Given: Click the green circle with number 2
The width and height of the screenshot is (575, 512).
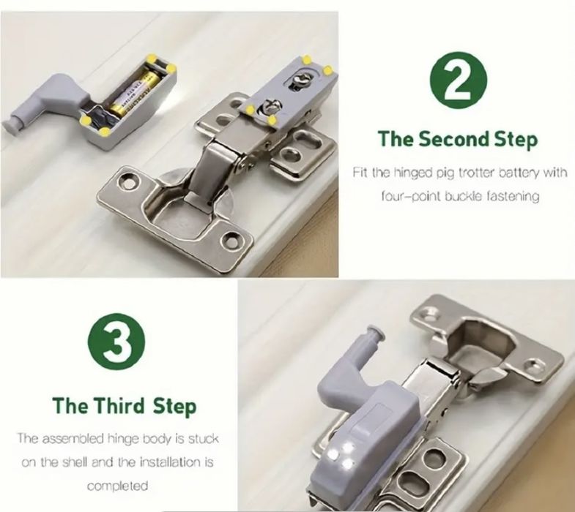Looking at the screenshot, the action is (x=459, y=80).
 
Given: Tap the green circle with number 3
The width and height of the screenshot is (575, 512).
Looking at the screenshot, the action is (x=116, y=342).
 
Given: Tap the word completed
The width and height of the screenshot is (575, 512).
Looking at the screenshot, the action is (x=118, y=486).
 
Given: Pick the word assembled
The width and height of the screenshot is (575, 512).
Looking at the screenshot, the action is (x=73, y=438).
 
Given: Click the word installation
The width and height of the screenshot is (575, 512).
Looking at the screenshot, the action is (x=171, y=462).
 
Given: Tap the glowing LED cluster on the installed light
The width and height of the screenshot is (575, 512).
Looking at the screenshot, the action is (x=341, y=456).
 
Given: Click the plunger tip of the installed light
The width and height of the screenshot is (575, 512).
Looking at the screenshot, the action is (x=376, y=334).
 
